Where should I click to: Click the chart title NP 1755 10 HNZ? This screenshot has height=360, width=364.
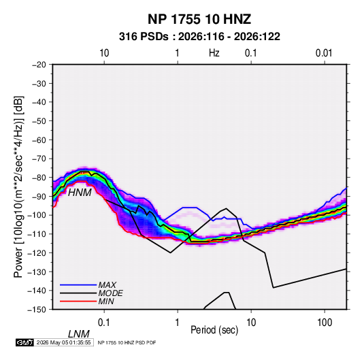pyautogui.click(x=199, y=19)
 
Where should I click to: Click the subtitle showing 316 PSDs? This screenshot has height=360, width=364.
pyautogui.click(x=199, y=37)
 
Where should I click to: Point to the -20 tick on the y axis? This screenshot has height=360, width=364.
pyautogui.click(x=39, y=65)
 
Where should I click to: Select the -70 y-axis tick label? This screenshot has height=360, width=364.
pyautogui.click(x=39, y=159)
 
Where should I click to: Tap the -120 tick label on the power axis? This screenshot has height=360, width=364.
pyautogui.click(x=37, y=252)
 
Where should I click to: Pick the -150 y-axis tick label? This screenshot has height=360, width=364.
pyautogui.click(x=37, y=310)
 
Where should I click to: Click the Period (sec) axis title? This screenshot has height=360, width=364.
pyautogui.click(x=214, y=330)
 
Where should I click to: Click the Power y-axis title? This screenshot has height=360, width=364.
pyautogui.click(x=18, y=187)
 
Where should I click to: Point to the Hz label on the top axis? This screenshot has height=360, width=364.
pyautogui.click(x=214, y=53)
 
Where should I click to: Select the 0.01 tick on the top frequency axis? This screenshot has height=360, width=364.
pyautogui.click(x=324, y=53)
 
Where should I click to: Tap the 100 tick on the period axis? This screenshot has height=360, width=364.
pyautogui.click(x=325, y=323)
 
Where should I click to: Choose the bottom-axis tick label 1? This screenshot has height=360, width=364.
pyautogui.click(x=177, y=323)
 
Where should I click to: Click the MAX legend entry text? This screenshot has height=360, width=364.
pyautogui.click(x=107, y=285)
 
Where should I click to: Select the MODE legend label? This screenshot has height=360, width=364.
pyautogui.click(x=110, y=293)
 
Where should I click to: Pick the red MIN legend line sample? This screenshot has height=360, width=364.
pyautogui.click(x=78, y=301)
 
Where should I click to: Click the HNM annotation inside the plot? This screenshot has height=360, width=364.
pyautogui.click(x=80, y=193)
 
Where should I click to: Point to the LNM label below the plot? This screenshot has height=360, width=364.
pyautogui.click(x=78, y=334)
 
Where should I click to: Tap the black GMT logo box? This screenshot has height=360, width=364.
pyautogui.click(x=25, y=342)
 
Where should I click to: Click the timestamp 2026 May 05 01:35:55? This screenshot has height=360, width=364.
pyautogui.click(x=63, y=342)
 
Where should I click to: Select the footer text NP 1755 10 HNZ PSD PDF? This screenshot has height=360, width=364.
pyautogui.click(x=127, y=342)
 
